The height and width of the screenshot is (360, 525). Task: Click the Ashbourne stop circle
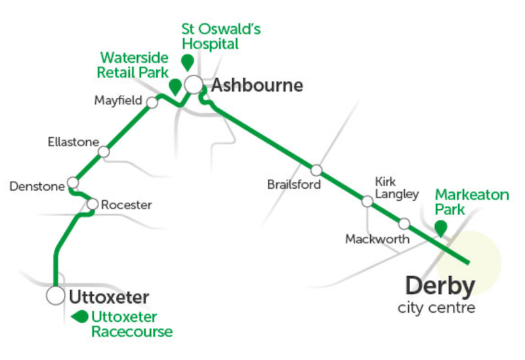pos(193,85)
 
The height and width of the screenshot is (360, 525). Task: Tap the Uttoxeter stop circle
pos(55,296)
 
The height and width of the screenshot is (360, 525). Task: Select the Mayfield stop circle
pos(152,102)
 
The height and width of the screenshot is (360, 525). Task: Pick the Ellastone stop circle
pos(103,152)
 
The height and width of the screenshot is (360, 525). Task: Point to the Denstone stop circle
pos(73,182)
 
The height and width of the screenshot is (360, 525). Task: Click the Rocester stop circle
pos(92,204)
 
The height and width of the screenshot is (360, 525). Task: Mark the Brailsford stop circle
pos(317,170)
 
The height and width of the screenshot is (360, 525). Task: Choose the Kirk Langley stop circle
pos(367,201)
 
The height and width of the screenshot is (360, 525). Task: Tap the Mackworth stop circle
pos(404,224)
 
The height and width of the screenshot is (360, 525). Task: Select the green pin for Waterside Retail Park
pos(175,86)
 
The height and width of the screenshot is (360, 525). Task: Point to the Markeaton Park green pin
pos(441,227)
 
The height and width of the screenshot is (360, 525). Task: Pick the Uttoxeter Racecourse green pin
pos(80,317)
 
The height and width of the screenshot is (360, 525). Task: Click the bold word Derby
pos(440,286)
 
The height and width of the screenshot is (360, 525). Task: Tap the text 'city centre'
pos(436,308)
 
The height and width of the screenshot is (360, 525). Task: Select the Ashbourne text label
pos(257,85)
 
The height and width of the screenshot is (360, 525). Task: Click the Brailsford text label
pos(294,185)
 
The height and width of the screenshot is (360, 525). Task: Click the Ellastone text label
pos(73,142)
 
